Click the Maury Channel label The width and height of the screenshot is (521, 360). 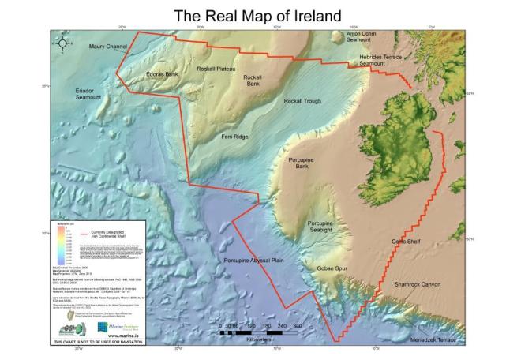click(107, 47)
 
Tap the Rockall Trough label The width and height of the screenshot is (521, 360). click(303, 102)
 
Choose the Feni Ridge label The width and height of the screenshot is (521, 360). click(236, 137)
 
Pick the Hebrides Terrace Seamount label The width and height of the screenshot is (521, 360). click(383, 60)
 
